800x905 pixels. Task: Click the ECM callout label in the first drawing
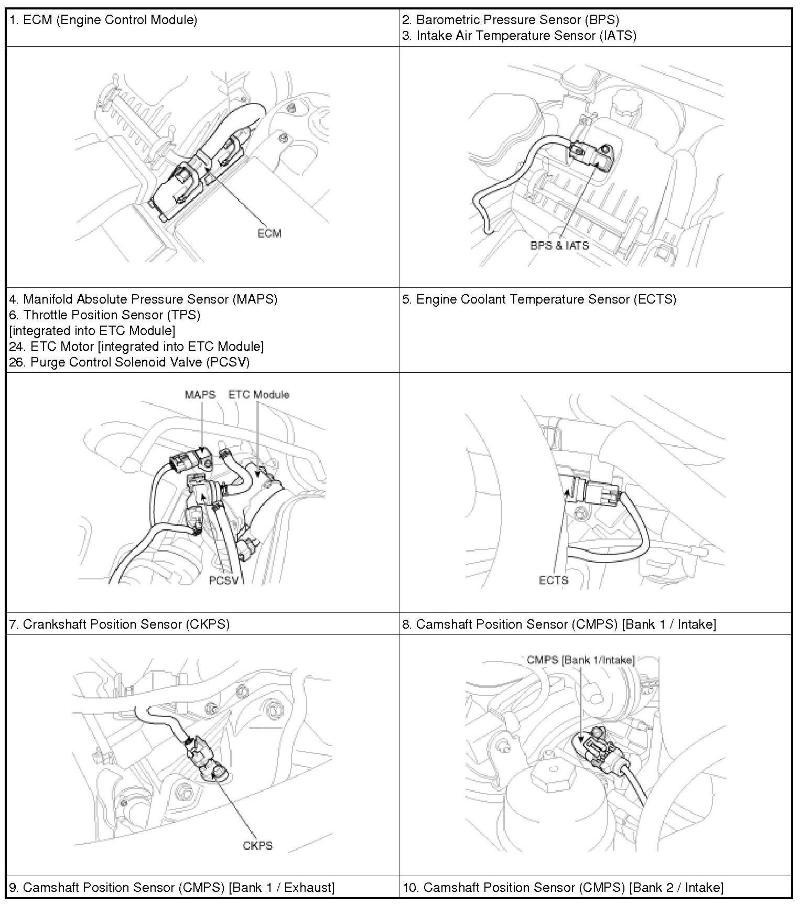point(269,233)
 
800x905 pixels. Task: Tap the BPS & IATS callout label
point(559,245)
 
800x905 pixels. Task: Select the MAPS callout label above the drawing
point(200,394)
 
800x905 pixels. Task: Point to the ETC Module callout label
point(259,394)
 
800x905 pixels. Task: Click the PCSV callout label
point(224,580)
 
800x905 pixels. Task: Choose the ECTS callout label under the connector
point(553,580)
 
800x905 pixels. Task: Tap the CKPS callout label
point(257,846)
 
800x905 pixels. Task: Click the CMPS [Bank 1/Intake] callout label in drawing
point(580,660)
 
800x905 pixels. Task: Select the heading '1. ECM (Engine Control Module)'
point(103,20)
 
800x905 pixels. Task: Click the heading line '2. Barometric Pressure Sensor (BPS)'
point(511,20)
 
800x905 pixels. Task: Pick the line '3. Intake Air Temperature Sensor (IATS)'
point(519,36)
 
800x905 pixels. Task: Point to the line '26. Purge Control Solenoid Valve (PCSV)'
point(129,362)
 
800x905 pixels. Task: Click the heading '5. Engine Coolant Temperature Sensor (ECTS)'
point(539,299)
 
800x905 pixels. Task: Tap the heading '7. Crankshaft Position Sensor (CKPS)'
point(120,624)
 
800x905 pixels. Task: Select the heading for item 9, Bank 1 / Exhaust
point(172,887)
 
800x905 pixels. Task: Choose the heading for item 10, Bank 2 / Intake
point(563,887)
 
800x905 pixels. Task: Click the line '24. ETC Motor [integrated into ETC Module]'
point(136,347)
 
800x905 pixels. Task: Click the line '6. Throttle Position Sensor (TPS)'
point(105,315)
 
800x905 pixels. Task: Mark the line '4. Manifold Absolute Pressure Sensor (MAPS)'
point(143,299)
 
